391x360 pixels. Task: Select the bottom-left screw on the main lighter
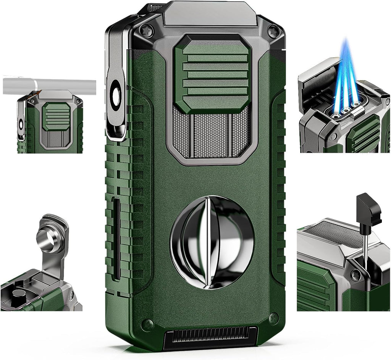click(147, 324)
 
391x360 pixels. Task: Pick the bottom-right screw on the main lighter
click(273, 318)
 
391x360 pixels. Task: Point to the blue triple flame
click(347, 76)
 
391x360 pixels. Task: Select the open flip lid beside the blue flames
click(317, 82)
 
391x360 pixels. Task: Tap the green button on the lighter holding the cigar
click(56, 116)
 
